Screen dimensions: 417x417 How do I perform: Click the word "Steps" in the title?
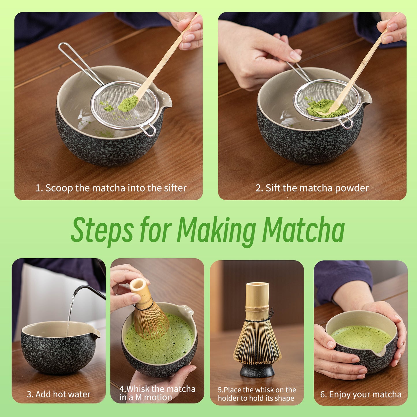tap(102, 230)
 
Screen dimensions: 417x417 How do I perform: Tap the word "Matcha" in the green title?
tap(303, 230)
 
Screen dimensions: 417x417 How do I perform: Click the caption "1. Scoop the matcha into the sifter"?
tap(111, 188)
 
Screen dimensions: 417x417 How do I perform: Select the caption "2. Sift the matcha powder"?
tap(312, 188)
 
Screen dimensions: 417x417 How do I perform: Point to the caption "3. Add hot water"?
tap(59, 394)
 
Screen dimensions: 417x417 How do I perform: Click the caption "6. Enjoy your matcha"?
tap(361, 394)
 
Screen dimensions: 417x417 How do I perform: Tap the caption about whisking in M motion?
tap(157, 393)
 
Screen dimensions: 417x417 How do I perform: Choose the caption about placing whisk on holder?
tap(257, 394)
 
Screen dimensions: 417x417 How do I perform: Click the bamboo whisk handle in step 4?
tap(140, 291)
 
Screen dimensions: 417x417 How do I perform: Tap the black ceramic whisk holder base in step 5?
tap(257, 370)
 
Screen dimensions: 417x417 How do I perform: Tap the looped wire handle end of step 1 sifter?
tap(63, 47)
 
